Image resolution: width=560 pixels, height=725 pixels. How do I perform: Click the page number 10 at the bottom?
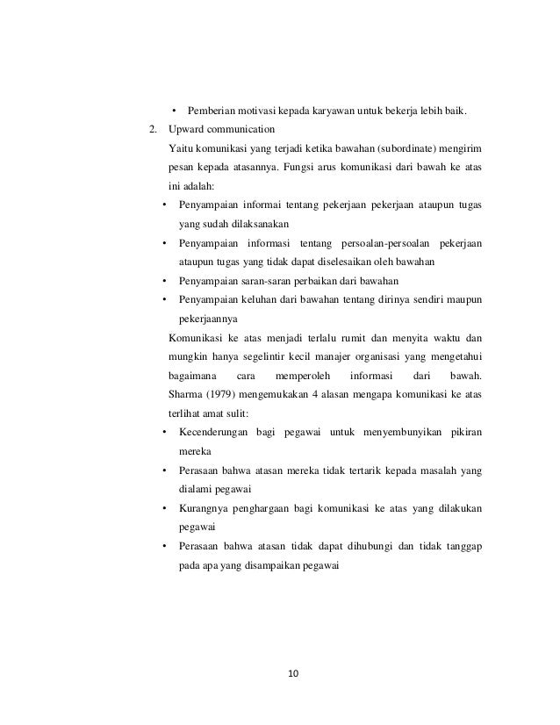click(293, 673)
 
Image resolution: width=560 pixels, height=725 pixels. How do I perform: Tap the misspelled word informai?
click(268, 205)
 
